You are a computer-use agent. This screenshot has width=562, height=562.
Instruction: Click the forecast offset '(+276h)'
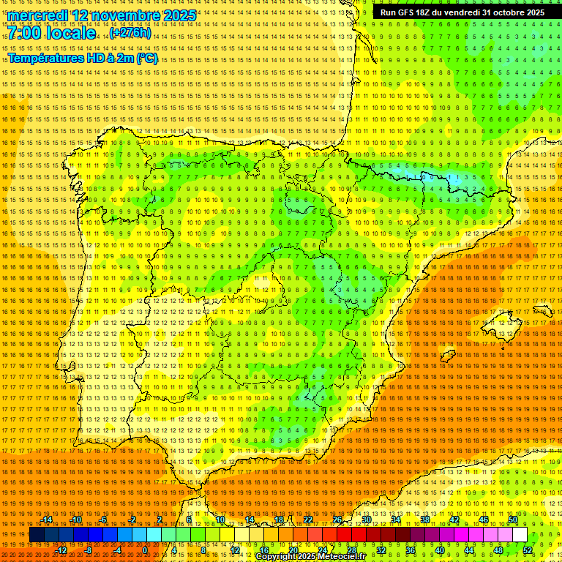click(130, 33)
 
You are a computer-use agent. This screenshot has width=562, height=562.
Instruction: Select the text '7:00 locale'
click(51, 34)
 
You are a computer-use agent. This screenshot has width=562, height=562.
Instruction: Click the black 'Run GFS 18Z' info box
click(462, 12)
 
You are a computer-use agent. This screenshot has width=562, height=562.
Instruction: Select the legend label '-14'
click(47, 520)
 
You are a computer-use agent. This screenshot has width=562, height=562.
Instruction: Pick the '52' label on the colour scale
click(528, 550)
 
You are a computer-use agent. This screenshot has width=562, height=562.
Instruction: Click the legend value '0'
click(145, 550)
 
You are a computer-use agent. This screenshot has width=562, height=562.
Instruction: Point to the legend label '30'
click(366, 520)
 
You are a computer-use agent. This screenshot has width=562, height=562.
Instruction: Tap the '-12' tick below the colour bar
click(61, 550)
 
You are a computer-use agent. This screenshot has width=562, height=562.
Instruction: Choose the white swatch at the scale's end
click(520, 535)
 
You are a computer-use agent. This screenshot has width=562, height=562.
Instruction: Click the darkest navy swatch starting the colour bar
click(37, 535)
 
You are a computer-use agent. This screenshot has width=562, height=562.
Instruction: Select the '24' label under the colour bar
click(322, 550)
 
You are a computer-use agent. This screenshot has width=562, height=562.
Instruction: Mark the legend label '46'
click(484, 520)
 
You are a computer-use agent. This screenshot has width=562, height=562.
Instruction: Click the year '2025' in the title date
click(179, 15)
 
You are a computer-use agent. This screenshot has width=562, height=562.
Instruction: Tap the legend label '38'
click(425, 520)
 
